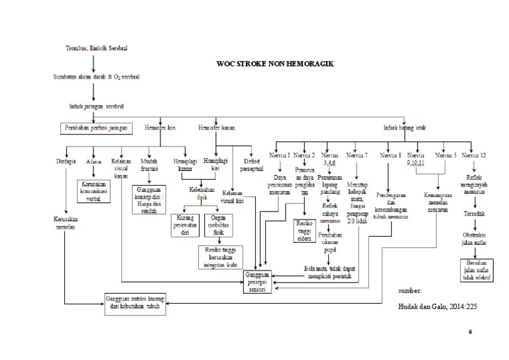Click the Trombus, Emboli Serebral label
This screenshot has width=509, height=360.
click(97, 49)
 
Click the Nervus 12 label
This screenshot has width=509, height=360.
click(474, 155)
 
